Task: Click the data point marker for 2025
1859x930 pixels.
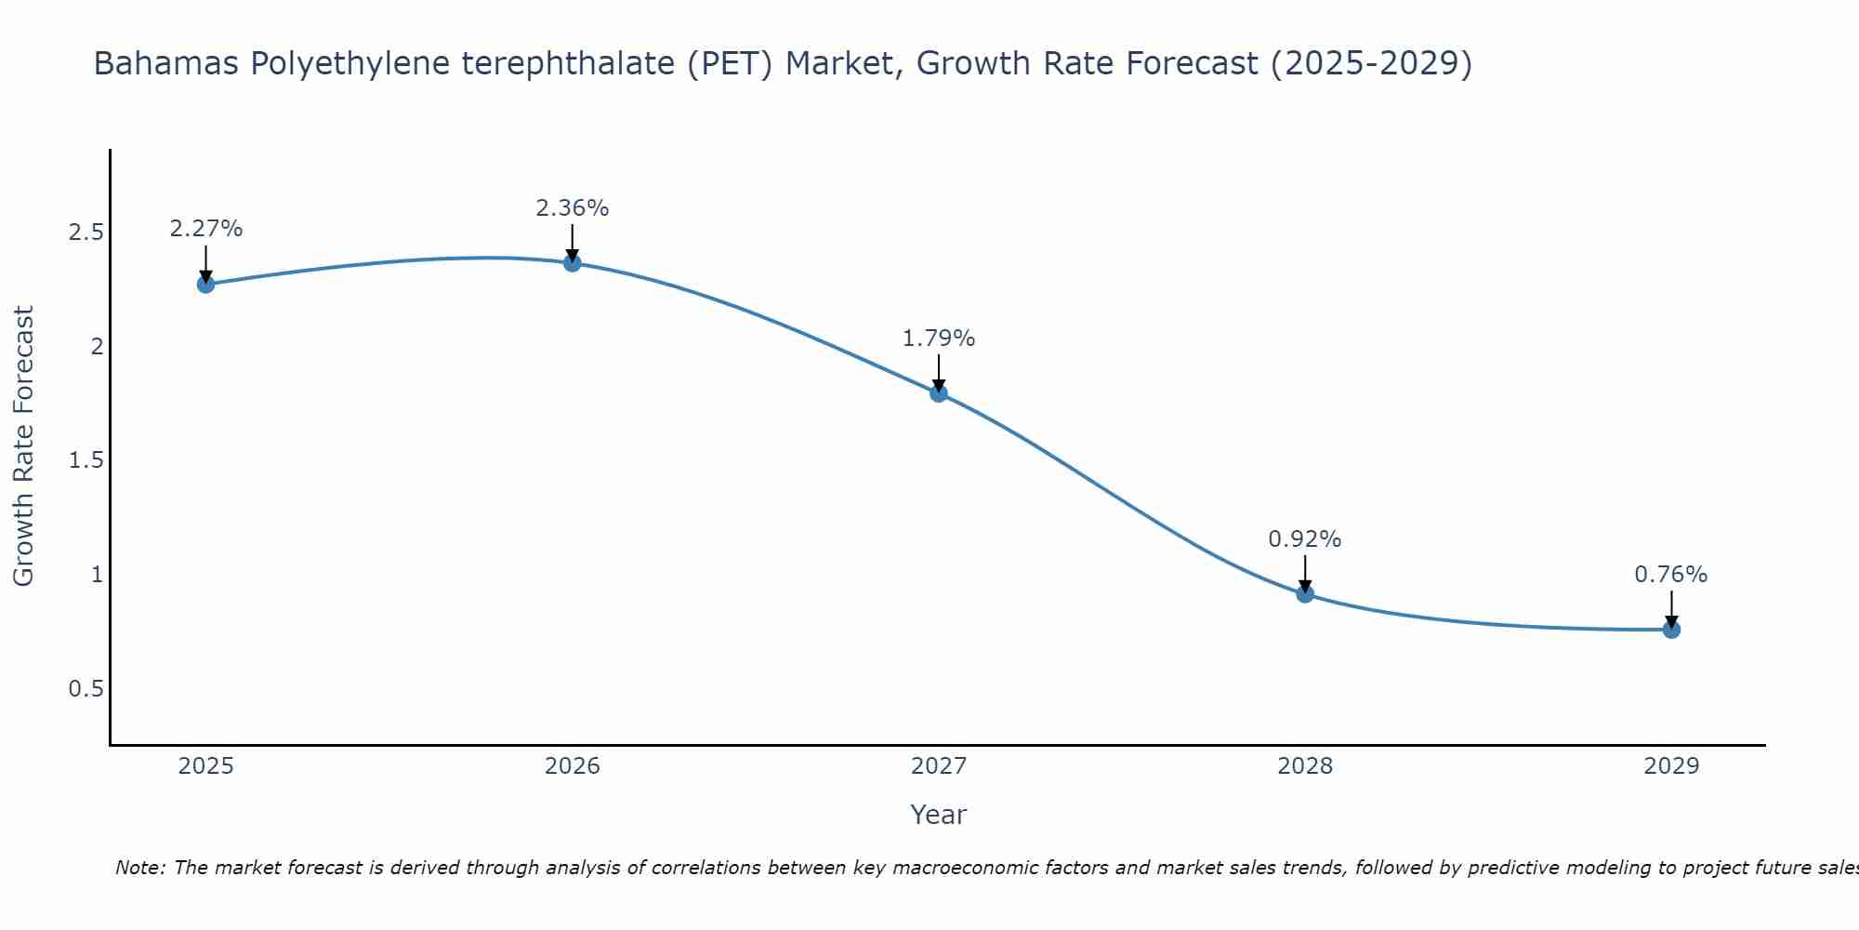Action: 206,284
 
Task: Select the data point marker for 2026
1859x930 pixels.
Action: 573,263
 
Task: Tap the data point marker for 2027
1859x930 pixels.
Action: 939,392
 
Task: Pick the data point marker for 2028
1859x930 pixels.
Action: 1305,593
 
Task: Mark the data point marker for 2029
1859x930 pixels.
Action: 1671,630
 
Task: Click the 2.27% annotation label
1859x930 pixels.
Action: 206,229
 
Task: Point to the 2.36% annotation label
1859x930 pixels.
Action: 573,208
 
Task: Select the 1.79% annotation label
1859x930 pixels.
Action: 939,339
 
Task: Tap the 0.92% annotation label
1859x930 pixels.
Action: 1305,539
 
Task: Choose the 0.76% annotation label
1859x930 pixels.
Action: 1671,575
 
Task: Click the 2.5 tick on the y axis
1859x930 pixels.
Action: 86,232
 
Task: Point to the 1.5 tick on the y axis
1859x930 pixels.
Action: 86,461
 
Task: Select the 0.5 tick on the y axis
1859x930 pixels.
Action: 86,689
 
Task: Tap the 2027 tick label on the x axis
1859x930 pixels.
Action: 939,766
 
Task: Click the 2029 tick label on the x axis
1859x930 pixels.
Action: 1671,766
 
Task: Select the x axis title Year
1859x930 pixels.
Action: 939,815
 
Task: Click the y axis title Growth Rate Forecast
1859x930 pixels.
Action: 24,446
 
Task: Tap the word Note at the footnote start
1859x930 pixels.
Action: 139,868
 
